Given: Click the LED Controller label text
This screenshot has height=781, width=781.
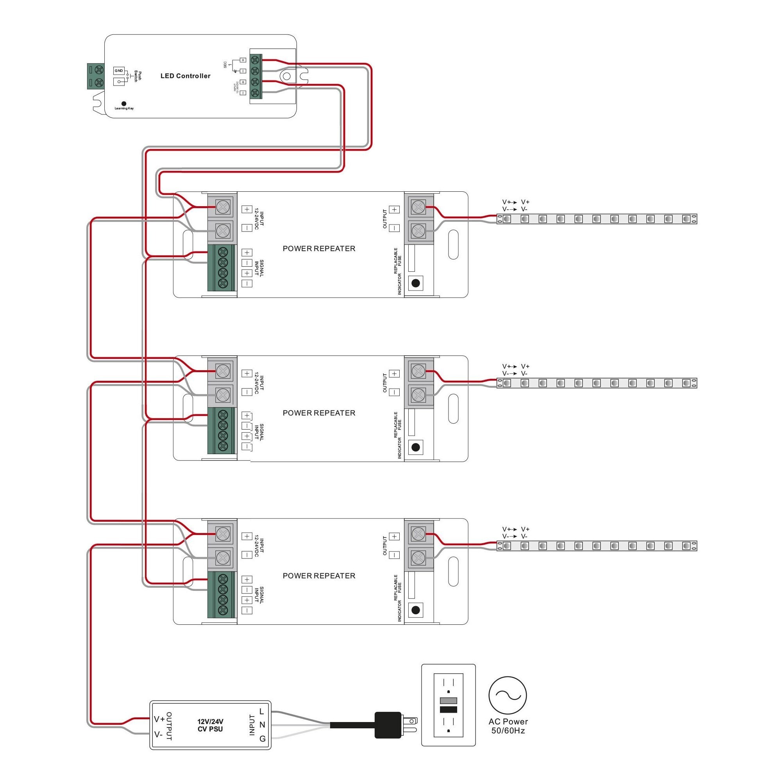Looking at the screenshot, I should [x=185, y=76].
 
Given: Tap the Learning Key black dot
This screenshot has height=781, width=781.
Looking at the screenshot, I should [x=124, y=104].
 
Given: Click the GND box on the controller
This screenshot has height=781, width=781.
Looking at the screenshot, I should [x=118, y=71].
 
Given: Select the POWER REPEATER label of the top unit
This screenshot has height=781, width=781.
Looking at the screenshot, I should [x=319, y=249].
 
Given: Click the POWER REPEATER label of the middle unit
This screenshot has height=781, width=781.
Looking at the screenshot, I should [x=319, y=413].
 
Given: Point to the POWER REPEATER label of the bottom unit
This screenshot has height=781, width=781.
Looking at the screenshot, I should [x=319, y=576].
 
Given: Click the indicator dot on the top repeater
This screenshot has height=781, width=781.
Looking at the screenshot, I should [x=415, y=283].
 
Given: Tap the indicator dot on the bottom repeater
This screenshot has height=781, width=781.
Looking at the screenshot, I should [x=415, y=610].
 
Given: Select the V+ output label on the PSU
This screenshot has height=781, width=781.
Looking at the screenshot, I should [x=159, y=719].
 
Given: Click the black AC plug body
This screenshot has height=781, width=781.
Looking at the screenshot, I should [x=388, y=725].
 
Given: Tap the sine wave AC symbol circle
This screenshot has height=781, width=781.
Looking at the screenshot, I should [x=508, y=695].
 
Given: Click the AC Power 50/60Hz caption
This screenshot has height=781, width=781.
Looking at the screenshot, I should [x=508, y=726].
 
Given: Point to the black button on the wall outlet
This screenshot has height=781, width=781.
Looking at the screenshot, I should [x=448, y=710].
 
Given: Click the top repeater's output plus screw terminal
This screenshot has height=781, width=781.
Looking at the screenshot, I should [x=418, y=207].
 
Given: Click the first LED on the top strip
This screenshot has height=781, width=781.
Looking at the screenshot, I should [x=507, y=219].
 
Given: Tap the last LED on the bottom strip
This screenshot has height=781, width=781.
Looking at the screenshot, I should [x=686, y=546].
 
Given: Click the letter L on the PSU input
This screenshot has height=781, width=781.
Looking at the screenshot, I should [x=262, y=711].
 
